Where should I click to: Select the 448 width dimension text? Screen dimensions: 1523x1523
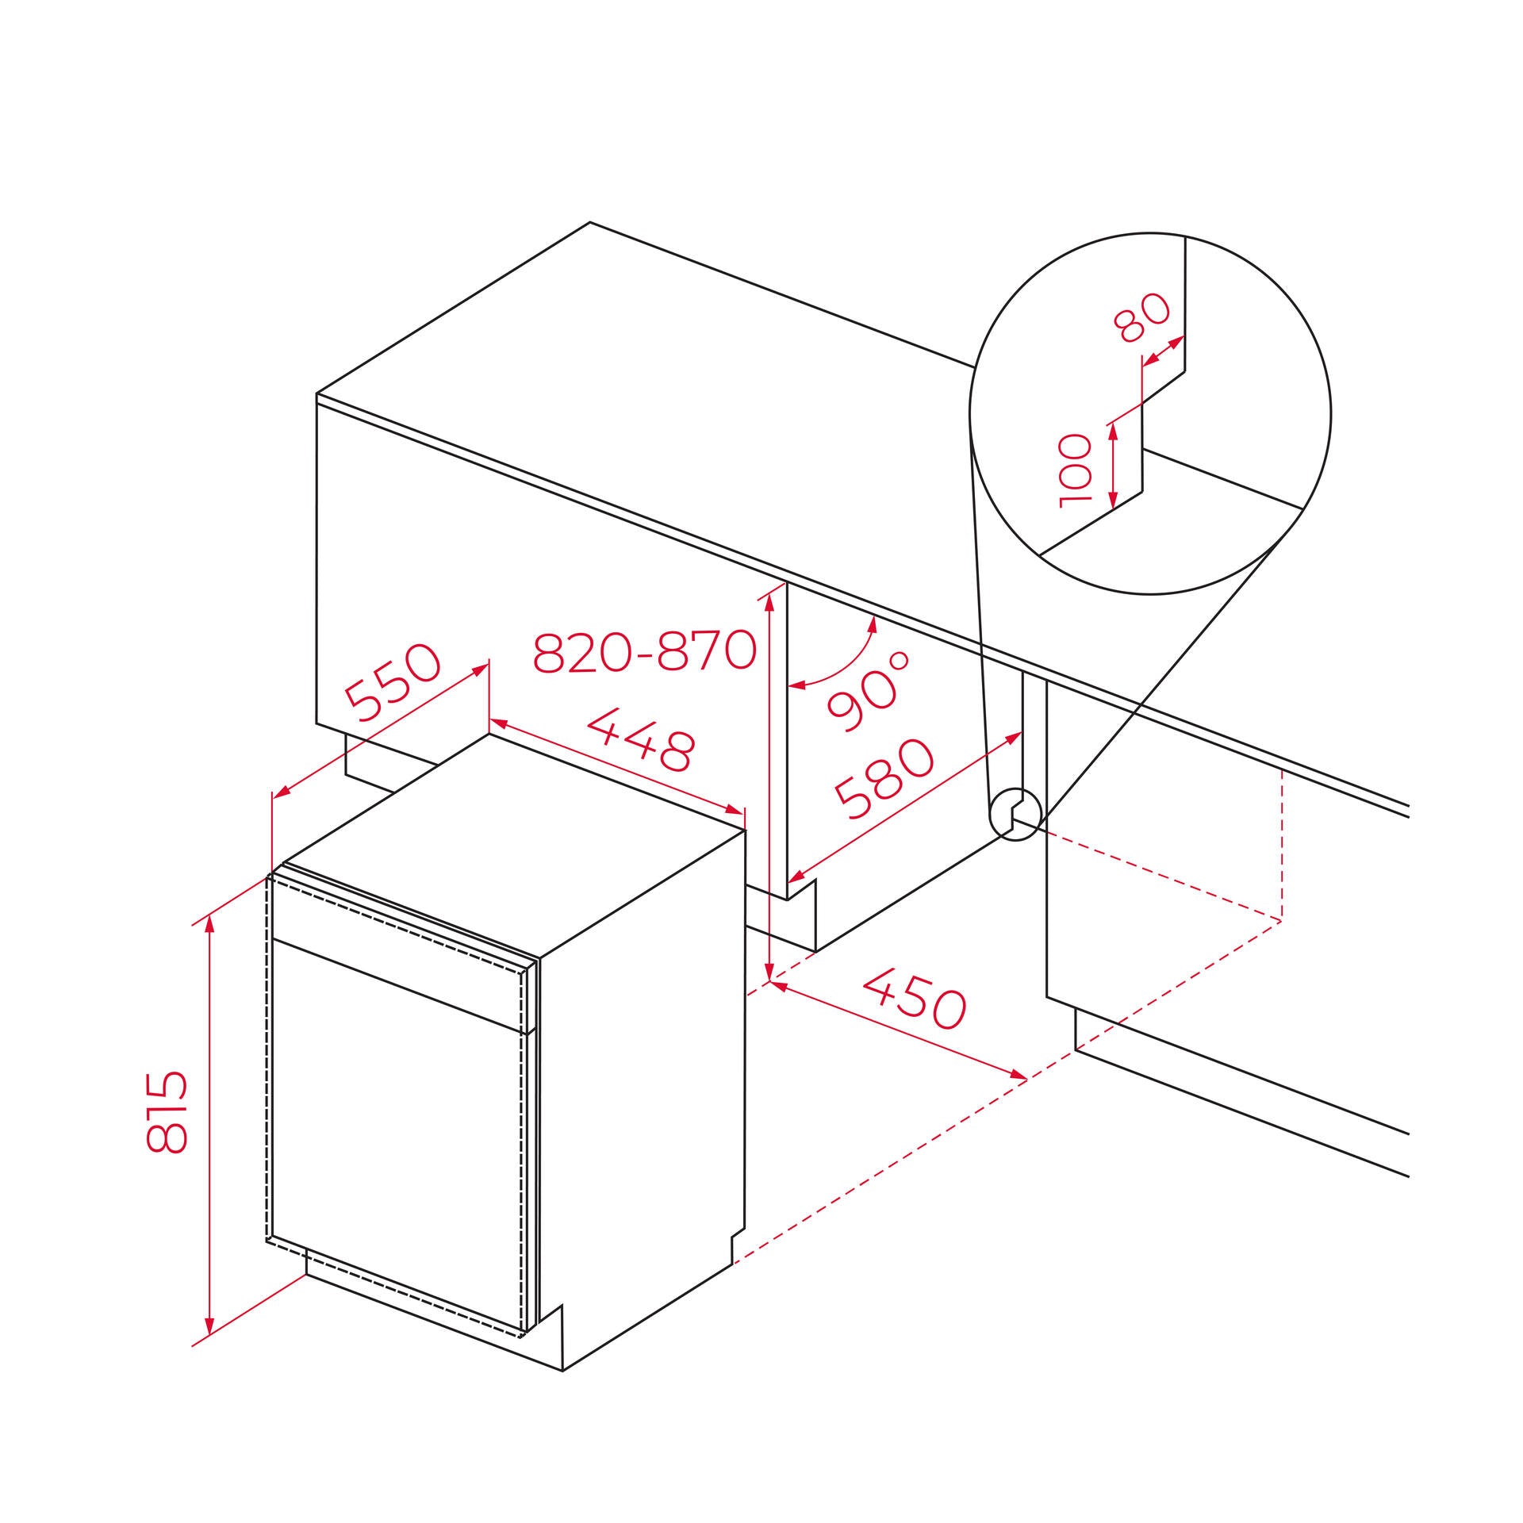pyautogui.click(x=642, y=740)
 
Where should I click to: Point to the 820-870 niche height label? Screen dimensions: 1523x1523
pyautogui.click(x=643, y=652)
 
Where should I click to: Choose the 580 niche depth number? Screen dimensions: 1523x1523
pyautogui.click(x=884, y=780)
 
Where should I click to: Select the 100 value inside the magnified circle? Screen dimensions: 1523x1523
pyautogui.click(x=1076, y=470)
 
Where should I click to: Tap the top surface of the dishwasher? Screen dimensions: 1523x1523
pyautogui.click(x=516, y=841)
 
